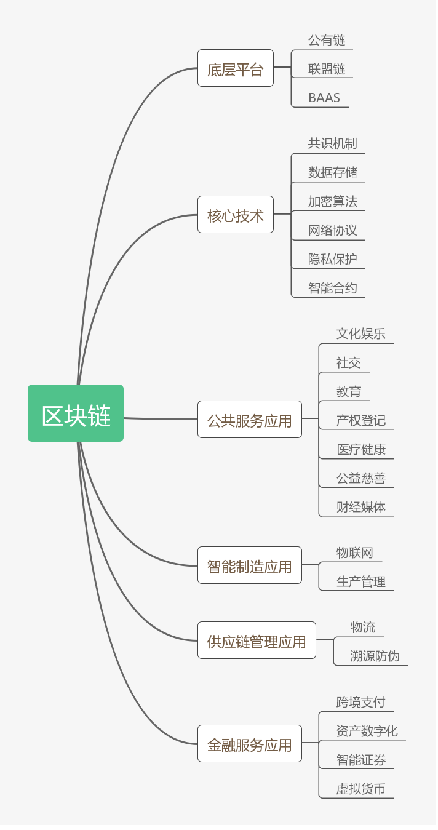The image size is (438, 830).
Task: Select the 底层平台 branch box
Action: point(235,68)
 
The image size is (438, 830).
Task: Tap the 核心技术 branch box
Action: point(235,215)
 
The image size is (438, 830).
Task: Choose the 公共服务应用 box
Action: point(249,420)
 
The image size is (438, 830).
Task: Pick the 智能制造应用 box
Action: point(249,565)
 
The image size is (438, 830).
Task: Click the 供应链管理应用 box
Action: point(257,640)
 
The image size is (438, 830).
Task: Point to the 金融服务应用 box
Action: point(249,744)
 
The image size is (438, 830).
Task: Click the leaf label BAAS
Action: point(324,98)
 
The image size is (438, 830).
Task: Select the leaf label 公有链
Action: point(327,41)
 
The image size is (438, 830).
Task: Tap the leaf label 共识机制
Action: point(332,143)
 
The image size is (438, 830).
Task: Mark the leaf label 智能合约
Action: point(332,287)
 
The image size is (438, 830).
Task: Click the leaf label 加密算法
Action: point(332,201)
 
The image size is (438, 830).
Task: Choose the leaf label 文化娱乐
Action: point(360,333)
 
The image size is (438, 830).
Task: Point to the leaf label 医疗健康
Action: point(360,449)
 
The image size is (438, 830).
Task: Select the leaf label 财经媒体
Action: point(360,507)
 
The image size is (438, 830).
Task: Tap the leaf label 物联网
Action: point(354,553)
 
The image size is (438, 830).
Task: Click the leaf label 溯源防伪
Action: point(375,656)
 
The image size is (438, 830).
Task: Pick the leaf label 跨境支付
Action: point(360,702)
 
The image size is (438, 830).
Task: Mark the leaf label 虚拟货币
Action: point(360,789)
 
